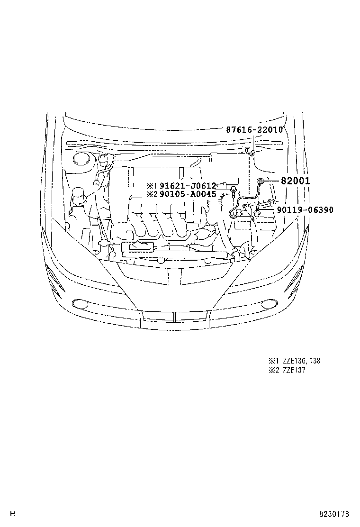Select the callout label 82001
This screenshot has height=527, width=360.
coord(295,181)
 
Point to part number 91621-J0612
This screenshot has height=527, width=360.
coord(188,186)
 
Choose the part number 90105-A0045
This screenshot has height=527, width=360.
coord(188,194)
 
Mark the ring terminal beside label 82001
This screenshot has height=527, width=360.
coord(260,181)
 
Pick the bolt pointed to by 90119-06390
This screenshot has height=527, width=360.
coord(256,211)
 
